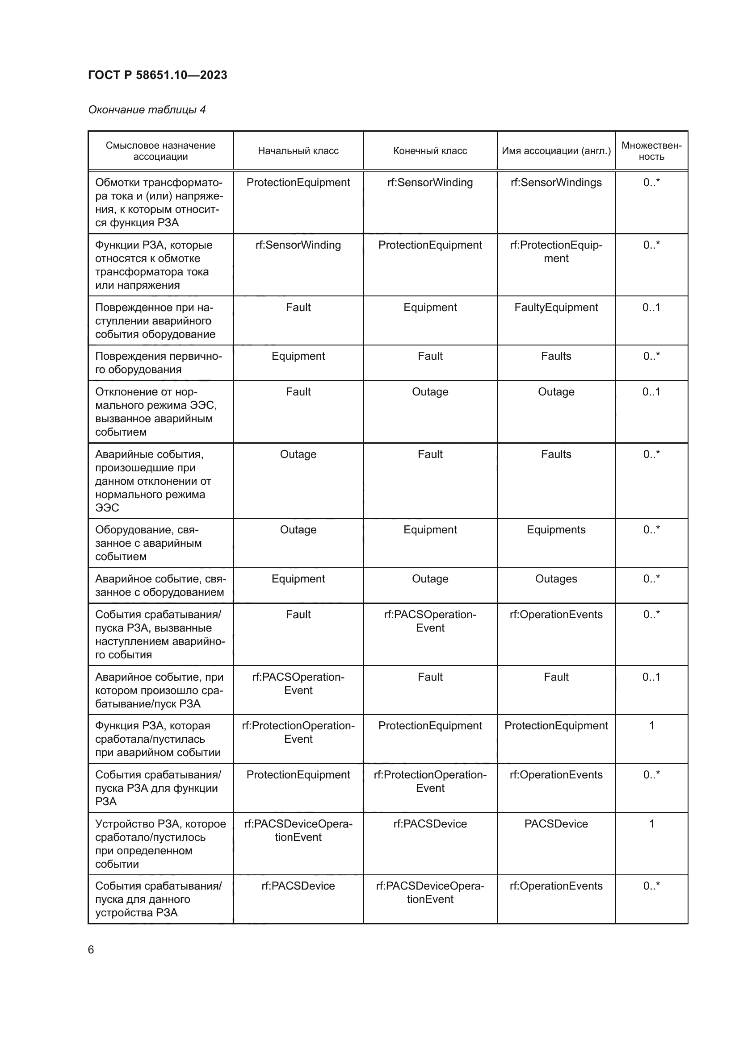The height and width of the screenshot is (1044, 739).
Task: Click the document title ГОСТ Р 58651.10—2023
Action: (x=157, y=75)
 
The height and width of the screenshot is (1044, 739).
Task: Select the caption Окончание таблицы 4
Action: (x=147, y=110)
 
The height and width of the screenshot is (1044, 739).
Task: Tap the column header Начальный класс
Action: (x=298, y=151)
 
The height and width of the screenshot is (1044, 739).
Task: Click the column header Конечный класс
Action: (x=430, y=151)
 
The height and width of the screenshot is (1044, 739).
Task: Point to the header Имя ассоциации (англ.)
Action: (x=556, y=151)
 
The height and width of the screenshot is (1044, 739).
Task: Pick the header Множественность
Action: (x=651, y=151)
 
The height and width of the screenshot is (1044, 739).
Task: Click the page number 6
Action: (x=91, y=949)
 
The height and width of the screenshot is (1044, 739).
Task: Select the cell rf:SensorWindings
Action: (x=556, y=183)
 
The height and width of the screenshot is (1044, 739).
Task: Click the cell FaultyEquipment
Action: (x=556, y=308)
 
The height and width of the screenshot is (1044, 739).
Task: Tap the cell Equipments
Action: (x=556, y=530)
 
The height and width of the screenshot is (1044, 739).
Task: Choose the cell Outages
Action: (x=556, y=579)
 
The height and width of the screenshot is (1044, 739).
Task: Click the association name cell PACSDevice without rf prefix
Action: (x=556, y=824)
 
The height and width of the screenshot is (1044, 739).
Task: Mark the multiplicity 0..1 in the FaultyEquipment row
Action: (x=651, y=308)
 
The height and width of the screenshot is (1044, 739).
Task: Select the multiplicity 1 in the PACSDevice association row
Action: (x=651, y=824)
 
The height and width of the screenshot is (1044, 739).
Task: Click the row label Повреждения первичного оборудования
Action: (x=158, y=363)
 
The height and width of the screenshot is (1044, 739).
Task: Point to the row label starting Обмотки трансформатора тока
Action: (x=158, y=202)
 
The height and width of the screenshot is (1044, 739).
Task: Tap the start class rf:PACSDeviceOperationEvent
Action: (x=298, y=830)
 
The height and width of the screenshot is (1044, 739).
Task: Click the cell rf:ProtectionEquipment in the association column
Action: (x=556, y=251)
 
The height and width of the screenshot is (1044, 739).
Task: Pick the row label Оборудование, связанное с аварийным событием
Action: (x=148, y=543)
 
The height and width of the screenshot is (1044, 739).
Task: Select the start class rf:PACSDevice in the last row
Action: (x=298, y=886)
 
